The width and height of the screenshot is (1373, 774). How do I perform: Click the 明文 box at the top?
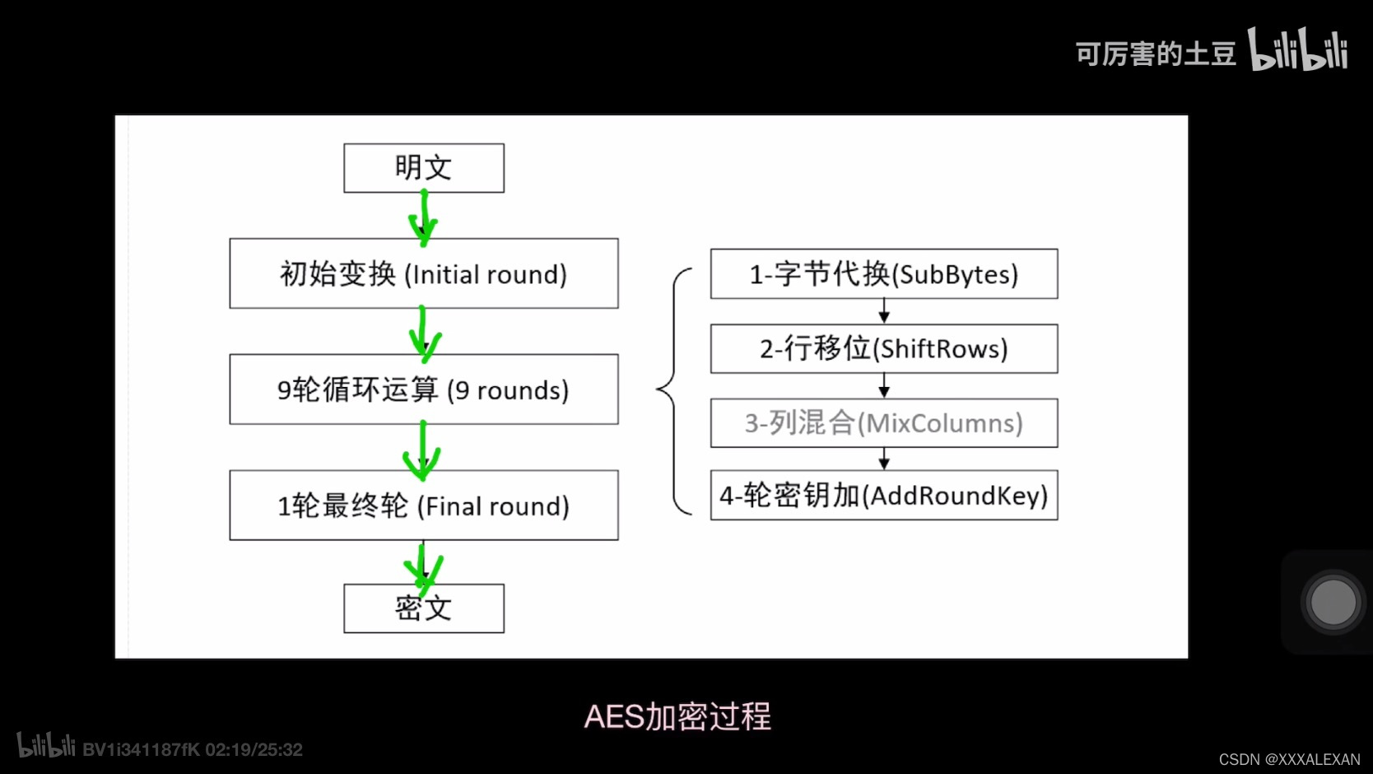point(424,168)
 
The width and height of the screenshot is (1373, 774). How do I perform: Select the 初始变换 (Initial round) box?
point(424,273)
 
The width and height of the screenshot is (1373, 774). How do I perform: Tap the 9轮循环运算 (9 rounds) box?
point(424,389)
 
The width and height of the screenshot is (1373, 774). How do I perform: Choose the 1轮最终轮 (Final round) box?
point(424,506)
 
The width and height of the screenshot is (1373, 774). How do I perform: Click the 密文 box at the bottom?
point(424,608)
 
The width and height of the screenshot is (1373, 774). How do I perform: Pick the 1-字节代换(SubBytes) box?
point(884,273)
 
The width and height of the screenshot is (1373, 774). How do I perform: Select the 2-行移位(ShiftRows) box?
point(884,348)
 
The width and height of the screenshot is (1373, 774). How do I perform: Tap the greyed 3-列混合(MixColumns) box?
point(884,423)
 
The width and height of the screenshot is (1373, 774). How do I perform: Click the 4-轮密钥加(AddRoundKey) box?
point(884,495)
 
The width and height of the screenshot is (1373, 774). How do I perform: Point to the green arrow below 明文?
point(424,218)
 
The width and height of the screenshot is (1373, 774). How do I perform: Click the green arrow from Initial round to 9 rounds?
point(424,333)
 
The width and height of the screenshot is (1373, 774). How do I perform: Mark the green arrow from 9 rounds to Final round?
point(422,450)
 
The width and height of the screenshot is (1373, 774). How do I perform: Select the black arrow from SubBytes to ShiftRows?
point(884,311)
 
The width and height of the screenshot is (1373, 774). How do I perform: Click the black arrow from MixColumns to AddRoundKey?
point(884,459)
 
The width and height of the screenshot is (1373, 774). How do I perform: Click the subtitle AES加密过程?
point(677,716)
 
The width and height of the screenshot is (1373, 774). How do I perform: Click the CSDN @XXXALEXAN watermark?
point(1289,759)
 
